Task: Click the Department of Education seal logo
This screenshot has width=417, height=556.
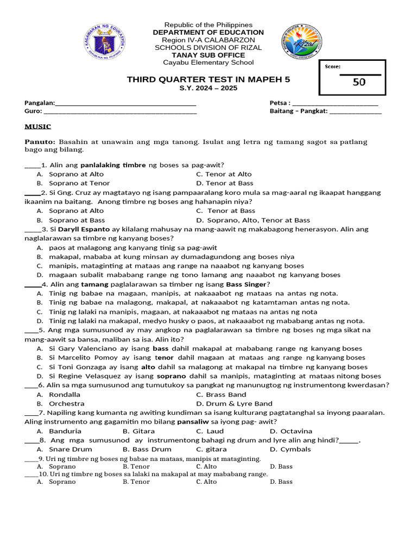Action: (105, 42)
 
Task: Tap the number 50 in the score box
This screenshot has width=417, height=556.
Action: (359, 82)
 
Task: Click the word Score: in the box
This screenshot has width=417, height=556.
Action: (332, 66)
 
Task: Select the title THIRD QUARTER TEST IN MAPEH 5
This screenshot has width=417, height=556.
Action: (208, 79)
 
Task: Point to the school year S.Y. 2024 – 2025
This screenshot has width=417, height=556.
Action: (208, 88)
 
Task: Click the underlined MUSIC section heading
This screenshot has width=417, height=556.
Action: (37, 127)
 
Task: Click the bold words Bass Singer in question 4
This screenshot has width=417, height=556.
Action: (246, 285)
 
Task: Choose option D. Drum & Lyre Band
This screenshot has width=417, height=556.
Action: (234, 403)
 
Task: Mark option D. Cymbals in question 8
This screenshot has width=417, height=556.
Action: (290, 449)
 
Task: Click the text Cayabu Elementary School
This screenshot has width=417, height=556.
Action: (208, 62)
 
